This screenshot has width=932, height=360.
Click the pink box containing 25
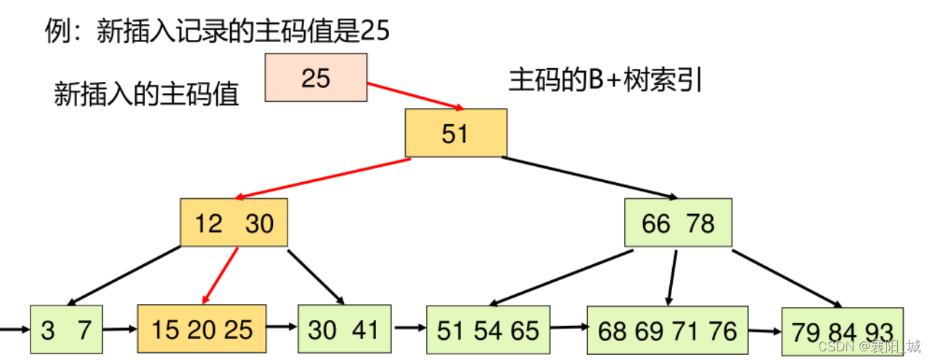click(x=316, y=78)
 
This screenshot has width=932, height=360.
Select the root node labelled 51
click(x=455, y=133)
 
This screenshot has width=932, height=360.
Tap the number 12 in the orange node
click(x=208, y=224)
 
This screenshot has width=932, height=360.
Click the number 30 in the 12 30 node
click(x=259, y=224)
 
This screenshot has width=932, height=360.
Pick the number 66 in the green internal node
click(x=656, y=224)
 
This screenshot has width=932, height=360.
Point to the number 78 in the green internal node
click(x=700, y=224)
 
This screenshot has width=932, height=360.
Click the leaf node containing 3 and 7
click(x=67, y=330)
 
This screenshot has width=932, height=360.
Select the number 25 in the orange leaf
click(x=238, y=330)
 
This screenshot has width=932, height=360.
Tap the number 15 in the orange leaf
click(x=166, y=330)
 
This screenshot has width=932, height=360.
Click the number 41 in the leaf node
click(x=365, y=330)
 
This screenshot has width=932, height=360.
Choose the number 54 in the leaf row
click(x=488, y=331)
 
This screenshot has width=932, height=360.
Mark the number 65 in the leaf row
click(x=525, y=331)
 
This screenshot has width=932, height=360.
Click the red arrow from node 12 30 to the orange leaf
click(x=221, y=276)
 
